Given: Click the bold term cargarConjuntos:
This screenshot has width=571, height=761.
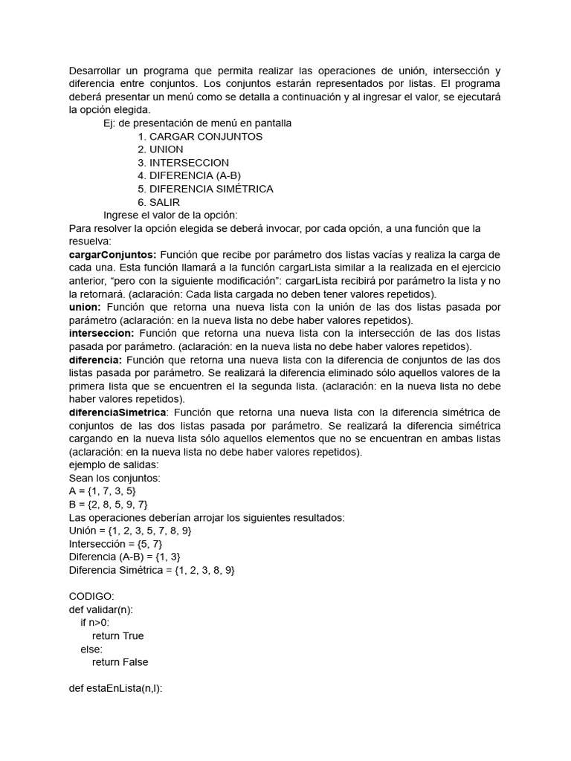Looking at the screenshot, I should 112,255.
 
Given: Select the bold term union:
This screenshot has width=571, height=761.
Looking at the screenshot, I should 84,307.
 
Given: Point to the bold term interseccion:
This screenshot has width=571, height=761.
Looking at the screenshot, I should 101,333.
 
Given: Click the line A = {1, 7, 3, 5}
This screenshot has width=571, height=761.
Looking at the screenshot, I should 102,491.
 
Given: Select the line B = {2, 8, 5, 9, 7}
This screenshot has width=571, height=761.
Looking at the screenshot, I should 108,505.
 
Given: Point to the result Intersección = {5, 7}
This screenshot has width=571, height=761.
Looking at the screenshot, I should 115,544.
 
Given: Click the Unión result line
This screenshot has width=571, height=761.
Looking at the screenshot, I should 130,531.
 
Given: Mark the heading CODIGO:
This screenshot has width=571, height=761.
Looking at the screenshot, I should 91,597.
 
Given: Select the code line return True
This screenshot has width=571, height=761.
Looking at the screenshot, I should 117,636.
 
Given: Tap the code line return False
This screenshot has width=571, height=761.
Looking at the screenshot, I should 120,662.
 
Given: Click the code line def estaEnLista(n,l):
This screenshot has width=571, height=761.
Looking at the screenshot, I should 115,689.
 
